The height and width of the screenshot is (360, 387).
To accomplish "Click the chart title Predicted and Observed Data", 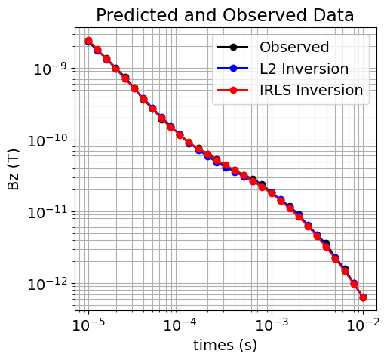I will click(225, 15).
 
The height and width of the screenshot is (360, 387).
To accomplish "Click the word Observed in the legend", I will click(294, 47).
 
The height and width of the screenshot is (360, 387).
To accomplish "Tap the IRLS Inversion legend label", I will click(312, 91).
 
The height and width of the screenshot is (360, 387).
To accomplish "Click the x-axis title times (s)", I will click(225, 345).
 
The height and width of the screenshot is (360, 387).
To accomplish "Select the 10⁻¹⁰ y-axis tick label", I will click(47, 140).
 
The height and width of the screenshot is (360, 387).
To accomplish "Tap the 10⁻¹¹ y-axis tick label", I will click(47, 212).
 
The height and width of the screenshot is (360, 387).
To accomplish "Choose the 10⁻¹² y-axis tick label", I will click(47, 284).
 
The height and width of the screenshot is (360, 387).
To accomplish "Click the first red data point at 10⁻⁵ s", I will click(88, 41).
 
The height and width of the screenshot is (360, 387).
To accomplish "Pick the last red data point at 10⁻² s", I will click(363, 297).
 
